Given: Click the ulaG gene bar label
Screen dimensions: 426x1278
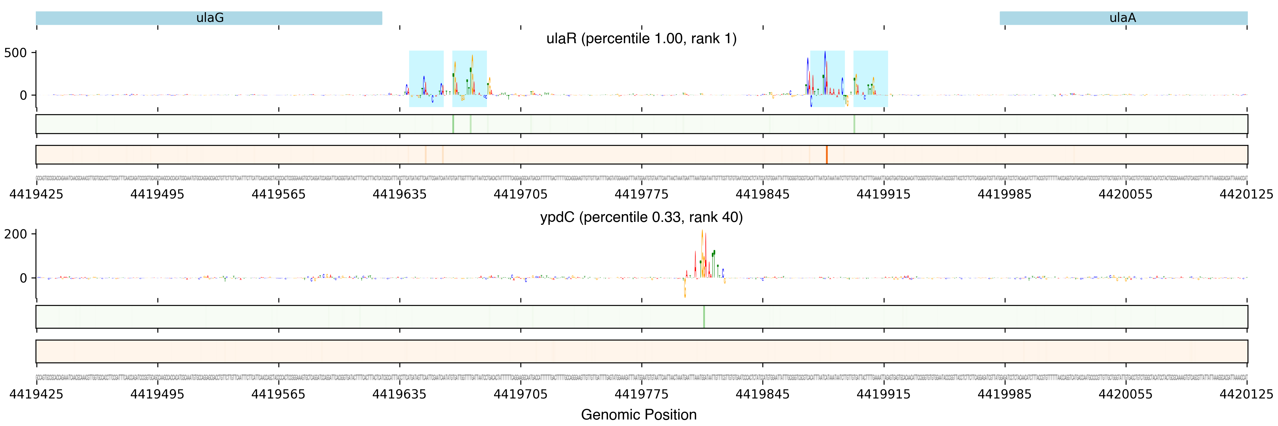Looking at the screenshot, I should point(210,18).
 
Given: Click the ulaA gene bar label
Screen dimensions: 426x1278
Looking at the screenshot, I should point(1122,18).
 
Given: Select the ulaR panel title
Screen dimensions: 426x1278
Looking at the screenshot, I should point(641,39).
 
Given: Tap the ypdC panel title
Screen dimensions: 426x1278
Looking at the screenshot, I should point(641,217).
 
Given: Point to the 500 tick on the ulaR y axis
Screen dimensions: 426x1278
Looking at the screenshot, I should point(15,53).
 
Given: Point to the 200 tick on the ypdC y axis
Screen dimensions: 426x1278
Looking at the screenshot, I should point(15,234).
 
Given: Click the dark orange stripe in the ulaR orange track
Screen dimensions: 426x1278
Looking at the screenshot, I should point(827,155).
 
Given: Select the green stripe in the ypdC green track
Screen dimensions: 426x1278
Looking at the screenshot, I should point(703,317).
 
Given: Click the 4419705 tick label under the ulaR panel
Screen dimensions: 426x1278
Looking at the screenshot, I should point(520,194).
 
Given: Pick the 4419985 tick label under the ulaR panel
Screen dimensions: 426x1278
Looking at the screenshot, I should point(1005,194).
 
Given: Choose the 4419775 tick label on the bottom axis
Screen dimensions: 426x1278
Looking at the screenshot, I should point(641,394).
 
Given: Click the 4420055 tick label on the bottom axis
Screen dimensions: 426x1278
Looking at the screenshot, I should point(1126,394).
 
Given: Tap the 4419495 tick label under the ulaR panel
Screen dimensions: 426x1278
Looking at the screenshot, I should point(157,194).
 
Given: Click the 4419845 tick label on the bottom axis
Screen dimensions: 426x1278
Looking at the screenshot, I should point(763,394).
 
